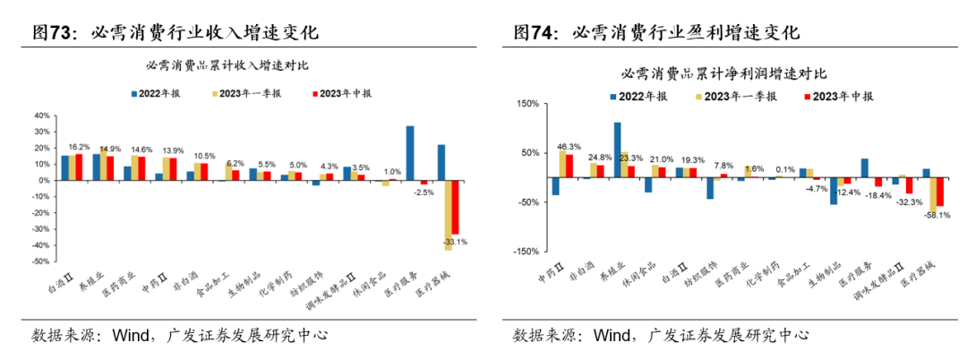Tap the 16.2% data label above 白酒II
(79, 147)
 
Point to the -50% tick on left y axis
(42, 262)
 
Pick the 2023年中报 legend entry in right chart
(841, 95)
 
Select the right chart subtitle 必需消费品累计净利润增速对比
(725, 73)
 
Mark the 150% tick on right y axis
(526, 104)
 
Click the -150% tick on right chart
(524, 252)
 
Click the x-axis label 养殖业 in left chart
(90, 287)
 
